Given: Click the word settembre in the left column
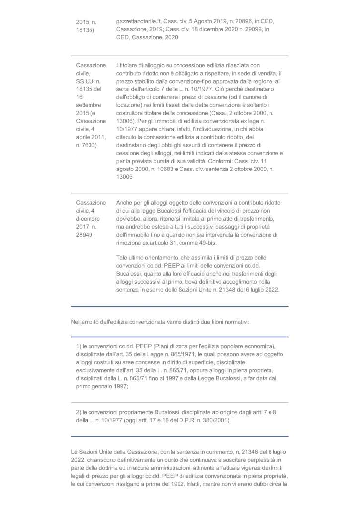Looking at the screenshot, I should (x=89, y=105).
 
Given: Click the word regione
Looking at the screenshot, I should (x=270, y=81).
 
